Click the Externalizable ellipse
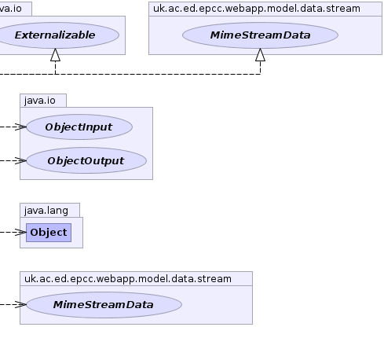tap(55, 35)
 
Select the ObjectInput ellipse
tap(79, 127)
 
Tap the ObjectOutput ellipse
tap(86, 160)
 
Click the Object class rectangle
tap(49, 233)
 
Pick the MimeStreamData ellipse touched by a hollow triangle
tap(260, 35)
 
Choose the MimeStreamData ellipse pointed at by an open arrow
tap(104, 305)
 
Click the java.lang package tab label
tap(46, 211)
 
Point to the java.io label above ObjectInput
tap(40, 101)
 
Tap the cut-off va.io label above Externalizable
tap(11, 9)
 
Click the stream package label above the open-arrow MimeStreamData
tap(128, 279)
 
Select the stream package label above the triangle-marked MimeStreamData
tap(257, 9)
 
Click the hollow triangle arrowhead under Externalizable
tap(55, 55)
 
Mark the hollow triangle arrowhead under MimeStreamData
tap(260, 55)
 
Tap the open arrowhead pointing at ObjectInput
tap(20, 127)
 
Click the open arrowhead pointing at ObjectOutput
tap(20, 160)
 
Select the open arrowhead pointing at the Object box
tap(20, 232)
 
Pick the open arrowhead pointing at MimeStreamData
tap(20, 304)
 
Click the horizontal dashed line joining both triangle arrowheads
tap(130, 74)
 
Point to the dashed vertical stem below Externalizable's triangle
tap(55, 68)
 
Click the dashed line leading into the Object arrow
tap(7, 232)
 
